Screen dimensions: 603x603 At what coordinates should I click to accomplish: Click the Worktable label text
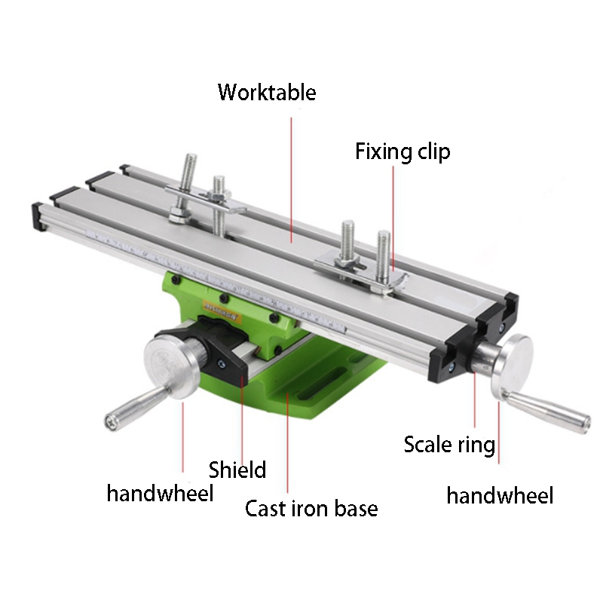tap(267, 93)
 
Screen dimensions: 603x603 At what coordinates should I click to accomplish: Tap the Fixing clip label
tap(403, 152)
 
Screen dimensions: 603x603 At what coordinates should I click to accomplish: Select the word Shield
tap(237, 470)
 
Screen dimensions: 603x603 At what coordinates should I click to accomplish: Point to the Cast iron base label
tap(311, 509)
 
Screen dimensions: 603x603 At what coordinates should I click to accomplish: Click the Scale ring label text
tap(449, 445)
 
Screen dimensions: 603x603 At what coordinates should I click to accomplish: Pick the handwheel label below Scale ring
tap(500, 495)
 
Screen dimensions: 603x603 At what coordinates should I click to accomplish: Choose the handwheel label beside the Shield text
tap(160, 494)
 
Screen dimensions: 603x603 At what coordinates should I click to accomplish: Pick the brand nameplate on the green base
tap(220, 309)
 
